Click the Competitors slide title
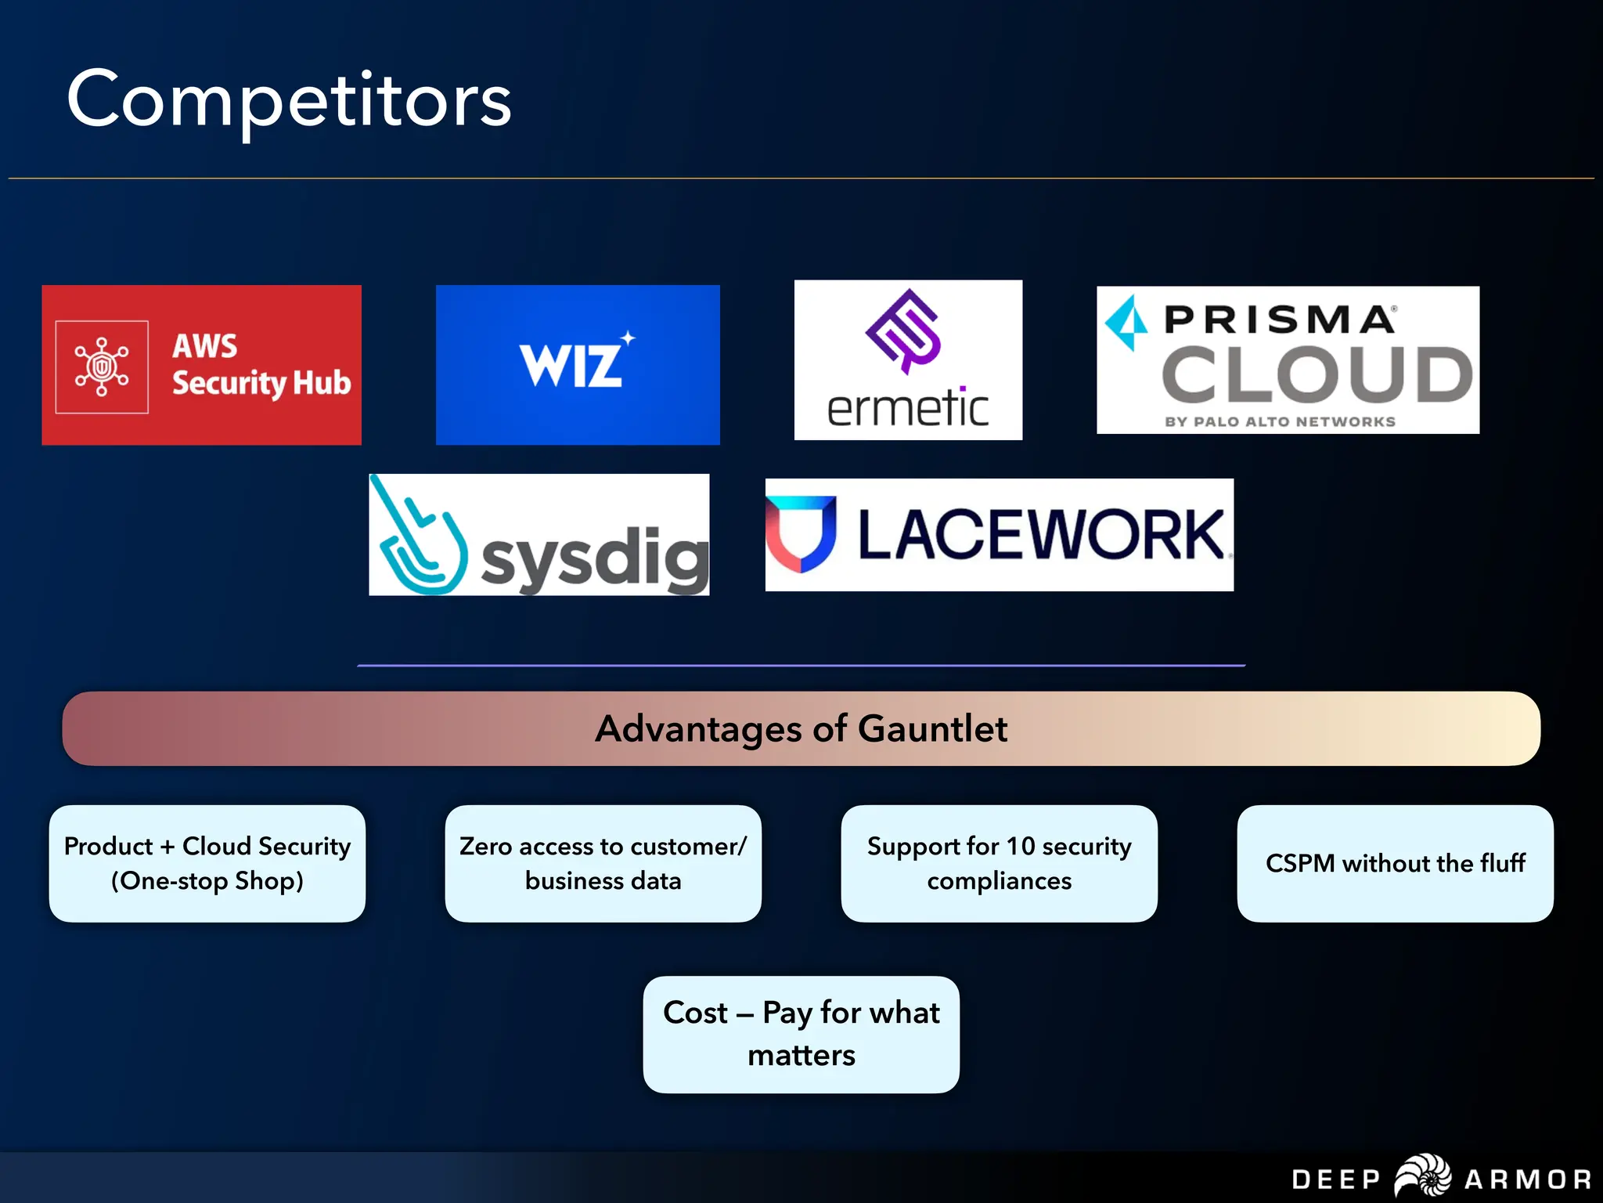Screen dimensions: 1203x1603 pyautogui.click(x=289, y=100)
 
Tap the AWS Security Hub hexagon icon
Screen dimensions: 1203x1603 pyautogui.click(x=102, y=367)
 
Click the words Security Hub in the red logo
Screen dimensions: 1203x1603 pyautogui.click(x=261, y=383)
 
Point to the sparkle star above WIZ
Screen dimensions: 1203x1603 pyautogui.click(x=628, y=338)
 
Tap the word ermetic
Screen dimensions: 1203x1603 pyautogui.click(x=907, y=409)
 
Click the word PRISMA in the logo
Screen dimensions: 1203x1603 pyautogui.click(x=1279, y=320)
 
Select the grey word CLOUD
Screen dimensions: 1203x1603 pyautogui.click(x=1317, y=375)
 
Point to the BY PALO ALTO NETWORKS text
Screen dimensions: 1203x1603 pyautogui.click(x=1280, y=421)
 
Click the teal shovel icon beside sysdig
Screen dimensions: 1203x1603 pyautogui.click(x=419, y=540)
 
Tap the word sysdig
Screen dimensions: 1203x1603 pyautogui.click(x=595, y=558)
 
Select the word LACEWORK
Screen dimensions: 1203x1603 pyautogui.click(x=1041, y=535)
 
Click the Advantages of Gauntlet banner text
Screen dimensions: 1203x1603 pyautogui.click(x=801, y=728)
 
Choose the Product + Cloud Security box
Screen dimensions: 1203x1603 pyautogui.click(x=207, y=863)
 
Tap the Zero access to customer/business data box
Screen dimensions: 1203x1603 pyautogui.click(x=603, y=863)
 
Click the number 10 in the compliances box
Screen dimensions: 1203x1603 pyautogui.click(x=1020, y=846)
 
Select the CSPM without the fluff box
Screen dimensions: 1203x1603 pyautogui.click(x=1395, y=863)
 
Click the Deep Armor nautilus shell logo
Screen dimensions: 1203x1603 pyautogui.click(x=1423, y=1176)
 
